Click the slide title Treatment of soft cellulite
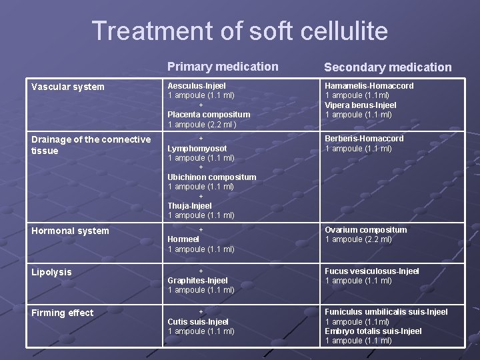point(239,31)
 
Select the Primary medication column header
point(223,67)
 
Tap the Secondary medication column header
point(387,67)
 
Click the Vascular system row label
point(68,87)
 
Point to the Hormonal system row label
point(70,231)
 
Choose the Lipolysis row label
point(51,272)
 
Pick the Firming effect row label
point(63,313)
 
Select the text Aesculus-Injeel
point(197,86)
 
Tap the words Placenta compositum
point(209,115)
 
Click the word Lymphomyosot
point(197,149)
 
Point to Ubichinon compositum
point(211,177)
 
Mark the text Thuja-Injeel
point(189,206)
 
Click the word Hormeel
point(183,239)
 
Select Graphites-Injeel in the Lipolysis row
point(197,281)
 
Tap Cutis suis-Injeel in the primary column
point(198,322)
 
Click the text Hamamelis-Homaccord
point(369,86)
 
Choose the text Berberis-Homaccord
point(364,139)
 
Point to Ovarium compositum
point(365,230)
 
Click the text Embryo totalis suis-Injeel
point(373,331)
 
